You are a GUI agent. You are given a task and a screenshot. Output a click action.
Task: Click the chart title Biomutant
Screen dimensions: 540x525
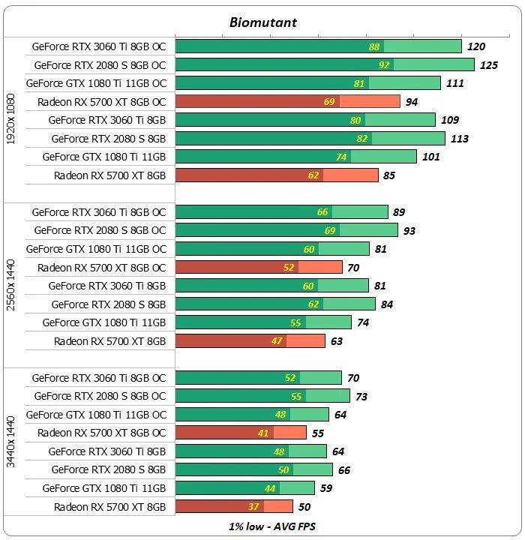coord(262,22)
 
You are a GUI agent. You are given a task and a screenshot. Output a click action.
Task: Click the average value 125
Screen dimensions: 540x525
coord(489,65)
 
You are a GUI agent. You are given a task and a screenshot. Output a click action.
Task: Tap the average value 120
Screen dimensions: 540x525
coord(476,46)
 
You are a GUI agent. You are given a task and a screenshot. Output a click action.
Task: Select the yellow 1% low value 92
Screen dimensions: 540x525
coord(385,65)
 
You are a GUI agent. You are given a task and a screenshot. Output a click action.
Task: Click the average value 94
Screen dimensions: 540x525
coord(411,102)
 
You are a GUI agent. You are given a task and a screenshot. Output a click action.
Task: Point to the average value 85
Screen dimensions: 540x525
coord(389,175)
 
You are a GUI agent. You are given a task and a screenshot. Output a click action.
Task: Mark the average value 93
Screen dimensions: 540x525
coord(409,230)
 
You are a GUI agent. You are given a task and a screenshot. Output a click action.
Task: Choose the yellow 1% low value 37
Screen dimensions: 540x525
coord(253,507)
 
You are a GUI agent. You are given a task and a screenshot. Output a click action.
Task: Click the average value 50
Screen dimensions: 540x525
coord(304,507)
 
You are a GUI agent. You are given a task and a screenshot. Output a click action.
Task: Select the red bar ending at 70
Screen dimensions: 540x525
coord(259,267)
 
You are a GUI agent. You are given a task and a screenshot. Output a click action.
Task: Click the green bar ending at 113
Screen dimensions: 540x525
coord(310,138)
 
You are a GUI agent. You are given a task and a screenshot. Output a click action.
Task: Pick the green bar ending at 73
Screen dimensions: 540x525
coord(262,396)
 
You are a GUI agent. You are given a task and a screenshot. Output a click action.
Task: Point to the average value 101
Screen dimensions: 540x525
coord(432,157)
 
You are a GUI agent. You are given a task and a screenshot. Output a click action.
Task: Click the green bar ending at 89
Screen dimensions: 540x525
coord(281,212)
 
